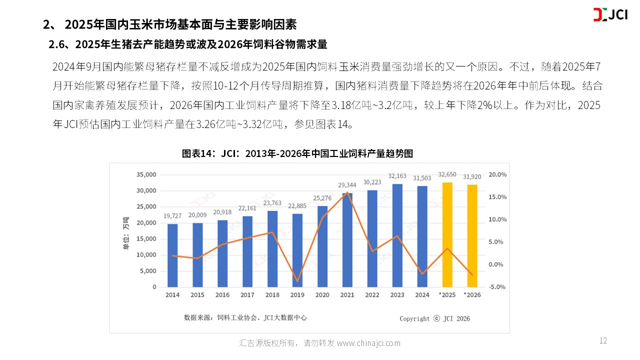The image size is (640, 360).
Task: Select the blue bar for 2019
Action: point(297,250)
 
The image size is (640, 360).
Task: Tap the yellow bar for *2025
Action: point(447,235)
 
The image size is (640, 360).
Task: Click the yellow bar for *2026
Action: point(472,236)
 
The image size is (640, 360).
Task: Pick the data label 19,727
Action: point(172,216)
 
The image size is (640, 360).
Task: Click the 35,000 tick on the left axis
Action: point(146,175)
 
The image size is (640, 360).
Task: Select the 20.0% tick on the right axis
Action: point(497,175)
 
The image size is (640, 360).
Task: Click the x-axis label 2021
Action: point(347,295)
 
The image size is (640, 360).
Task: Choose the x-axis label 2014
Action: point(172,295)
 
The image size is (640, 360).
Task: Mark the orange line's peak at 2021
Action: point(347,192)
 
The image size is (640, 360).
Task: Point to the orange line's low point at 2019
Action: point(297,281)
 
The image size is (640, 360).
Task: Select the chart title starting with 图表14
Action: point(297,153)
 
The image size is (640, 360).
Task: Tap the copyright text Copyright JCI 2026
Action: point(434,318)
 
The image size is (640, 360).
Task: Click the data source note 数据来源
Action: point(245,317)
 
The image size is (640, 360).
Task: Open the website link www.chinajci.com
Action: point(368,343)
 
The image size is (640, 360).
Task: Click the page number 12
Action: point(603,341)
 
